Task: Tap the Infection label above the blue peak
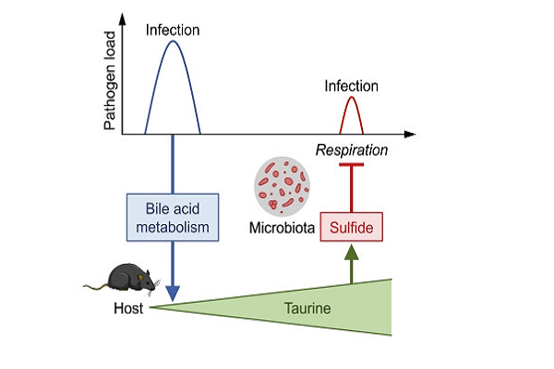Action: tap(173, 30)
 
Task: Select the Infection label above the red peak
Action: tap(351, 86)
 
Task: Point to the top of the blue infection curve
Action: tap(173, 42)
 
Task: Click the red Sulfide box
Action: tap(351, 226)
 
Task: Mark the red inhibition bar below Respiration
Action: tap(351, 165)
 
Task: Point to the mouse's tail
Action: tap(92, 287)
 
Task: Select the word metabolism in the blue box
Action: tap(173, 225)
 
